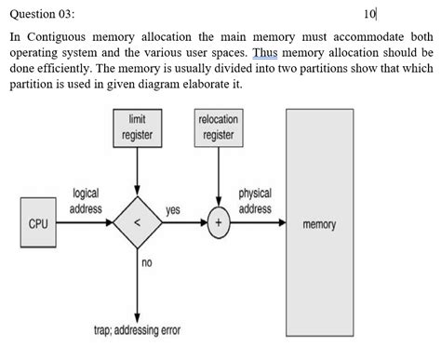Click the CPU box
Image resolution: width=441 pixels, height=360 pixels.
(x=36, y=224)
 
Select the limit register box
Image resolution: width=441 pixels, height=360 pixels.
(x=137, y=128)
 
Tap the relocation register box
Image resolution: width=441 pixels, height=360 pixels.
(x=219, y=128)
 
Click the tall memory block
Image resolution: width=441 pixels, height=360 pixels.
(x=319, y=225)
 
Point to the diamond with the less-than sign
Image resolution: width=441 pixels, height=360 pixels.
(x=137, y=224)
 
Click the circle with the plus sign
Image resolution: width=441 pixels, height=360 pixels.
(x=219, y=224)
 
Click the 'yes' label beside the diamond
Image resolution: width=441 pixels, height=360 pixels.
(x=173, y=211)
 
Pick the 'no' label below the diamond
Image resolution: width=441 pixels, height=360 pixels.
(x=146, y=264)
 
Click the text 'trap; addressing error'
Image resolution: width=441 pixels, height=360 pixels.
(x=138, y=330)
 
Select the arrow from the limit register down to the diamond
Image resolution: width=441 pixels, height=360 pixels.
(x=137, y=172)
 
